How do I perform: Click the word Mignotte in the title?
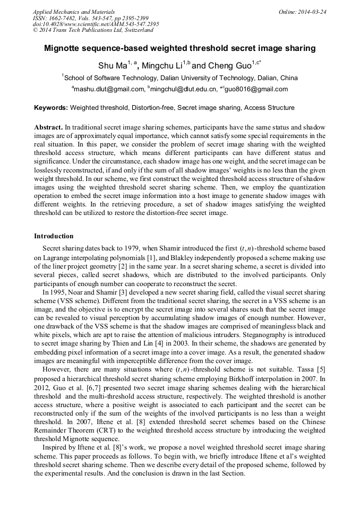pos(63,48)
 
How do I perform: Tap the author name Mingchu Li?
pos(162,66)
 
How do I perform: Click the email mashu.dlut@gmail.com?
pos(109,89)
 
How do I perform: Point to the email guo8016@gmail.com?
pos(257,89)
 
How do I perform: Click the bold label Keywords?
pos(51,108)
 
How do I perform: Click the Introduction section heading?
pos(54,236)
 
